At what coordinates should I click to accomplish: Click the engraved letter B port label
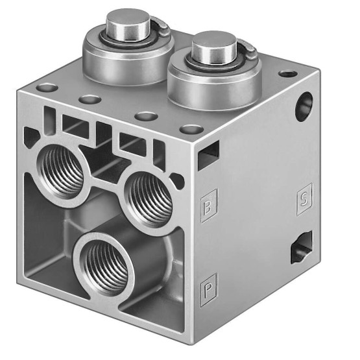tap(208, 206)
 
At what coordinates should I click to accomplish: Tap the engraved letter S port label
tap(304, 199)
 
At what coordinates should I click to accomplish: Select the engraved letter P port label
tap(208, 290)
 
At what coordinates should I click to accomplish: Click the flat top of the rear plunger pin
tap(127, 17)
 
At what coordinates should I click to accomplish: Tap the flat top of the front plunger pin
tap(214, 40)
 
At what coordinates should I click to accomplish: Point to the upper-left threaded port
tap(62, 171)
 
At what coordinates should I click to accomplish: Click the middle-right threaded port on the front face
tap(149, 200)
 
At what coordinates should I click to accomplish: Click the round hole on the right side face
tap(304, 107)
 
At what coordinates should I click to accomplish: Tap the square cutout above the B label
tap(208, 156)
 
